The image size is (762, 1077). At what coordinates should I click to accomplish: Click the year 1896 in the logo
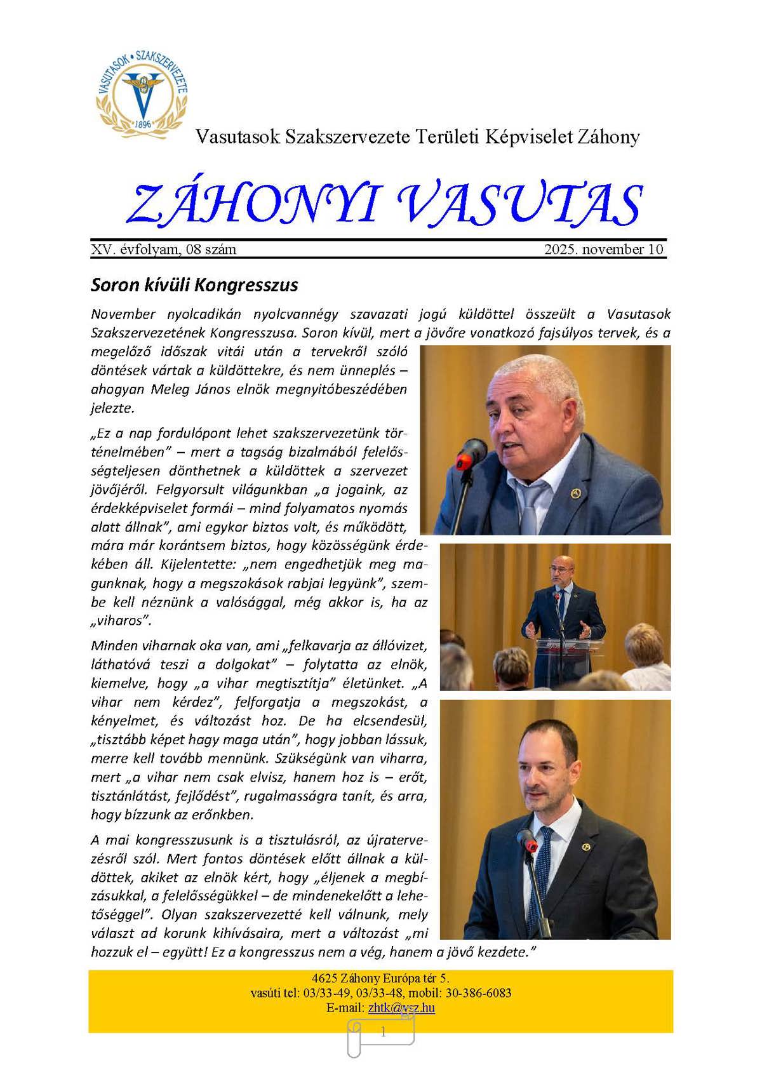point(143,124)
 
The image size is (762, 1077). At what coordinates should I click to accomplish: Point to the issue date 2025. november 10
point(603,249)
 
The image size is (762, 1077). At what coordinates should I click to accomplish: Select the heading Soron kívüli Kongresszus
point(194,284)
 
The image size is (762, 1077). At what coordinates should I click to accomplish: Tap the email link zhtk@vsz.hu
point(401,1008)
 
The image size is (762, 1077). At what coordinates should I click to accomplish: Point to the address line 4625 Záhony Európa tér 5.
point(380,978)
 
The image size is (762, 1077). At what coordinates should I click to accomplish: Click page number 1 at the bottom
point(382,1033)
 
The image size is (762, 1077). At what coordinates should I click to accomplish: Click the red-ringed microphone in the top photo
point(471,452)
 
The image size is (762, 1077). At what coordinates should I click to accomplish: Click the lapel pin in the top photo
point(575,493)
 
